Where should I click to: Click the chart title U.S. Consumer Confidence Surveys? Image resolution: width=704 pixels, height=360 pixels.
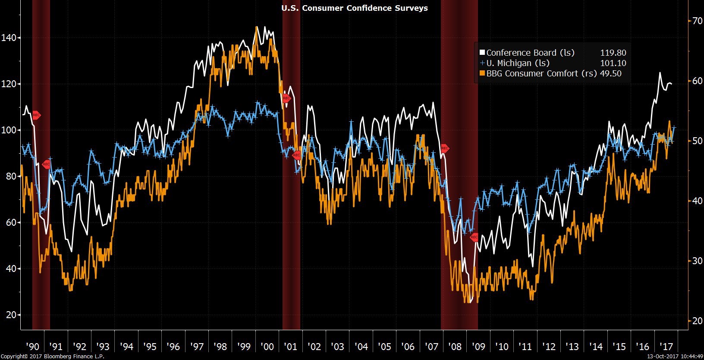[x=354, y=8]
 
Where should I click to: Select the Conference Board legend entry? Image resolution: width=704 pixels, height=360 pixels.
[x=530, y=53]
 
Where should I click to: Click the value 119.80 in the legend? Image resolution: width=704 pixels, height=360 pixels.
[x=613, y=53]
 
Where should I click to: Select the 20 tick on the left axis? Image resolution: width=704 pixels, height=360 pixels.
[x=11, y=315]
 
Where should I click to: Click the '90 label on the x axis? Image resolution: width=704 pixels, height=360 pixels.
[x=32, y=346]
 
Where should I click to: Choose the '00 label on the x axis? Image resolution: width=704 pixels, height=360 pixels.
[x=267, y=346]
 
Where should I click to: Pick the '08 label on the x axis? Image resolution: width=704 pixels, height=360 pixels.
[x=455, y=346]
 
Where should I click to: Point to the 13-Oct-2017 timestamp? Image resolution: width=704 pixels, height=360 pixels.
[x=676, y=357]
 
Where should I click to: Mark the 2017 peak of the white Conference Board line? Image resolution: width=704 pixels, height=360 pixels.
[x=660, y=73]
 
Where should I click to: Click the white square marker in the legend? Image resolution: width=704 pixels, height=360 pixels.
[x=482, y=53]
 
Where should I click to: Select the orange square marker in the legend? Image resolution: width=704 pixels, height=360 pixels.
[x=482, y=73]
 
